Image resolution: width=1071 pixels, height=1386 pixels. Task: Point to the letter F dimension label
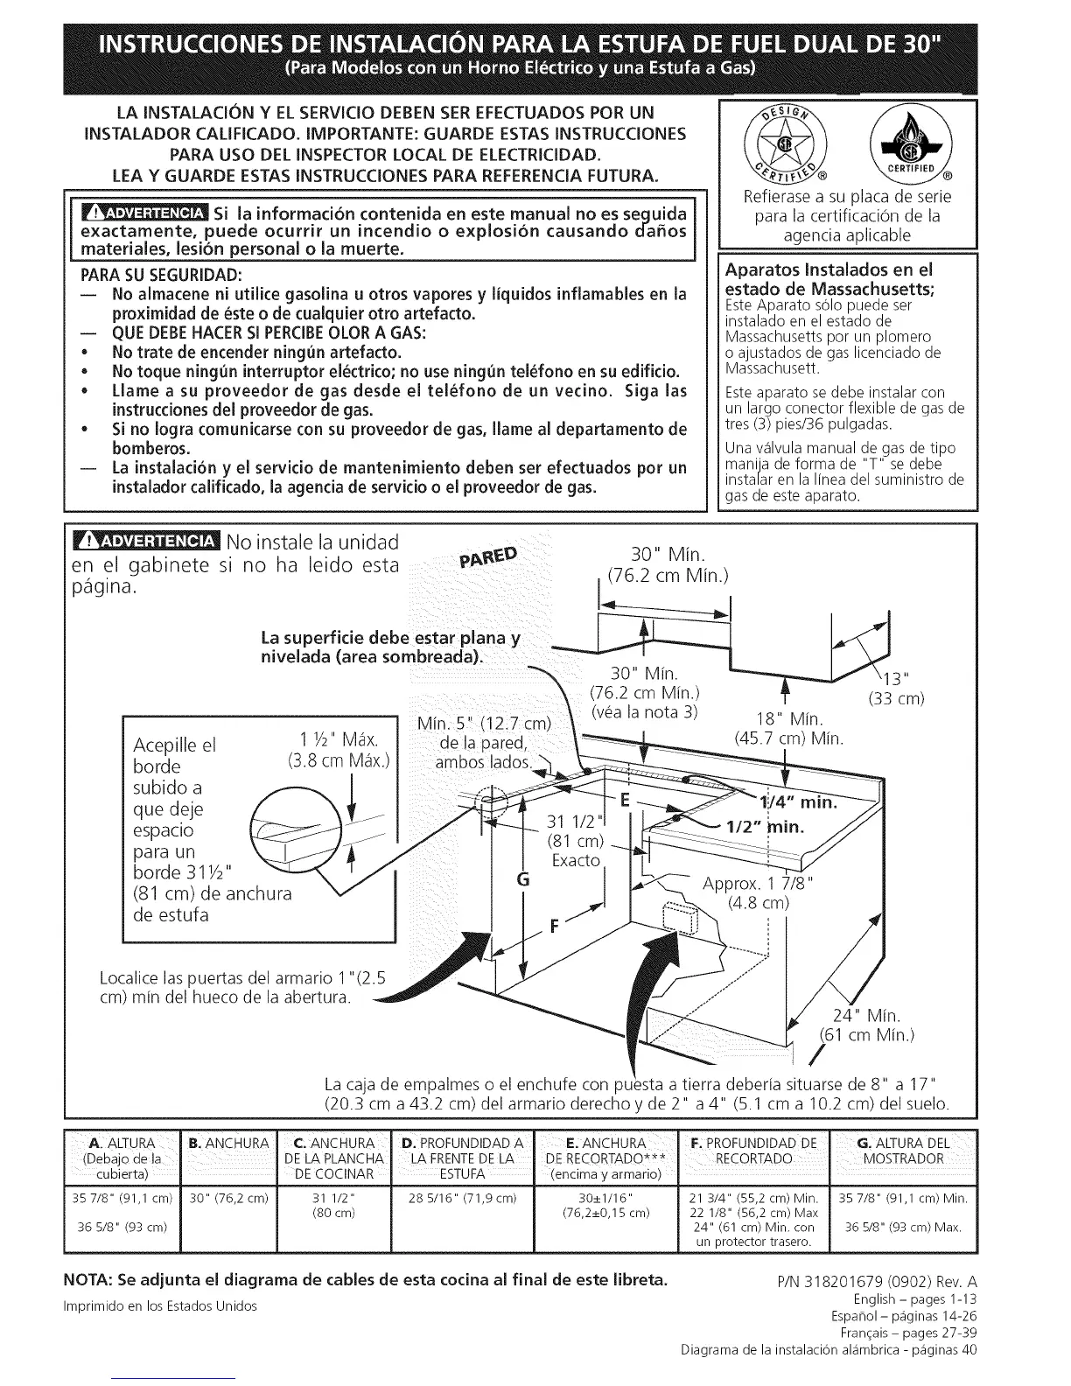pos(553,928)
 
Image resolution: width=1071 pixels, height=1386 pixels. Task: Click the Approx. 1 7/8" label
pos(758,884)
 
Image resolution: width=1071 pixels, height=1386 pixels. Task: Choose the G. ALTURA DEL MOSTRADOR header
pos(904,1151)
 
